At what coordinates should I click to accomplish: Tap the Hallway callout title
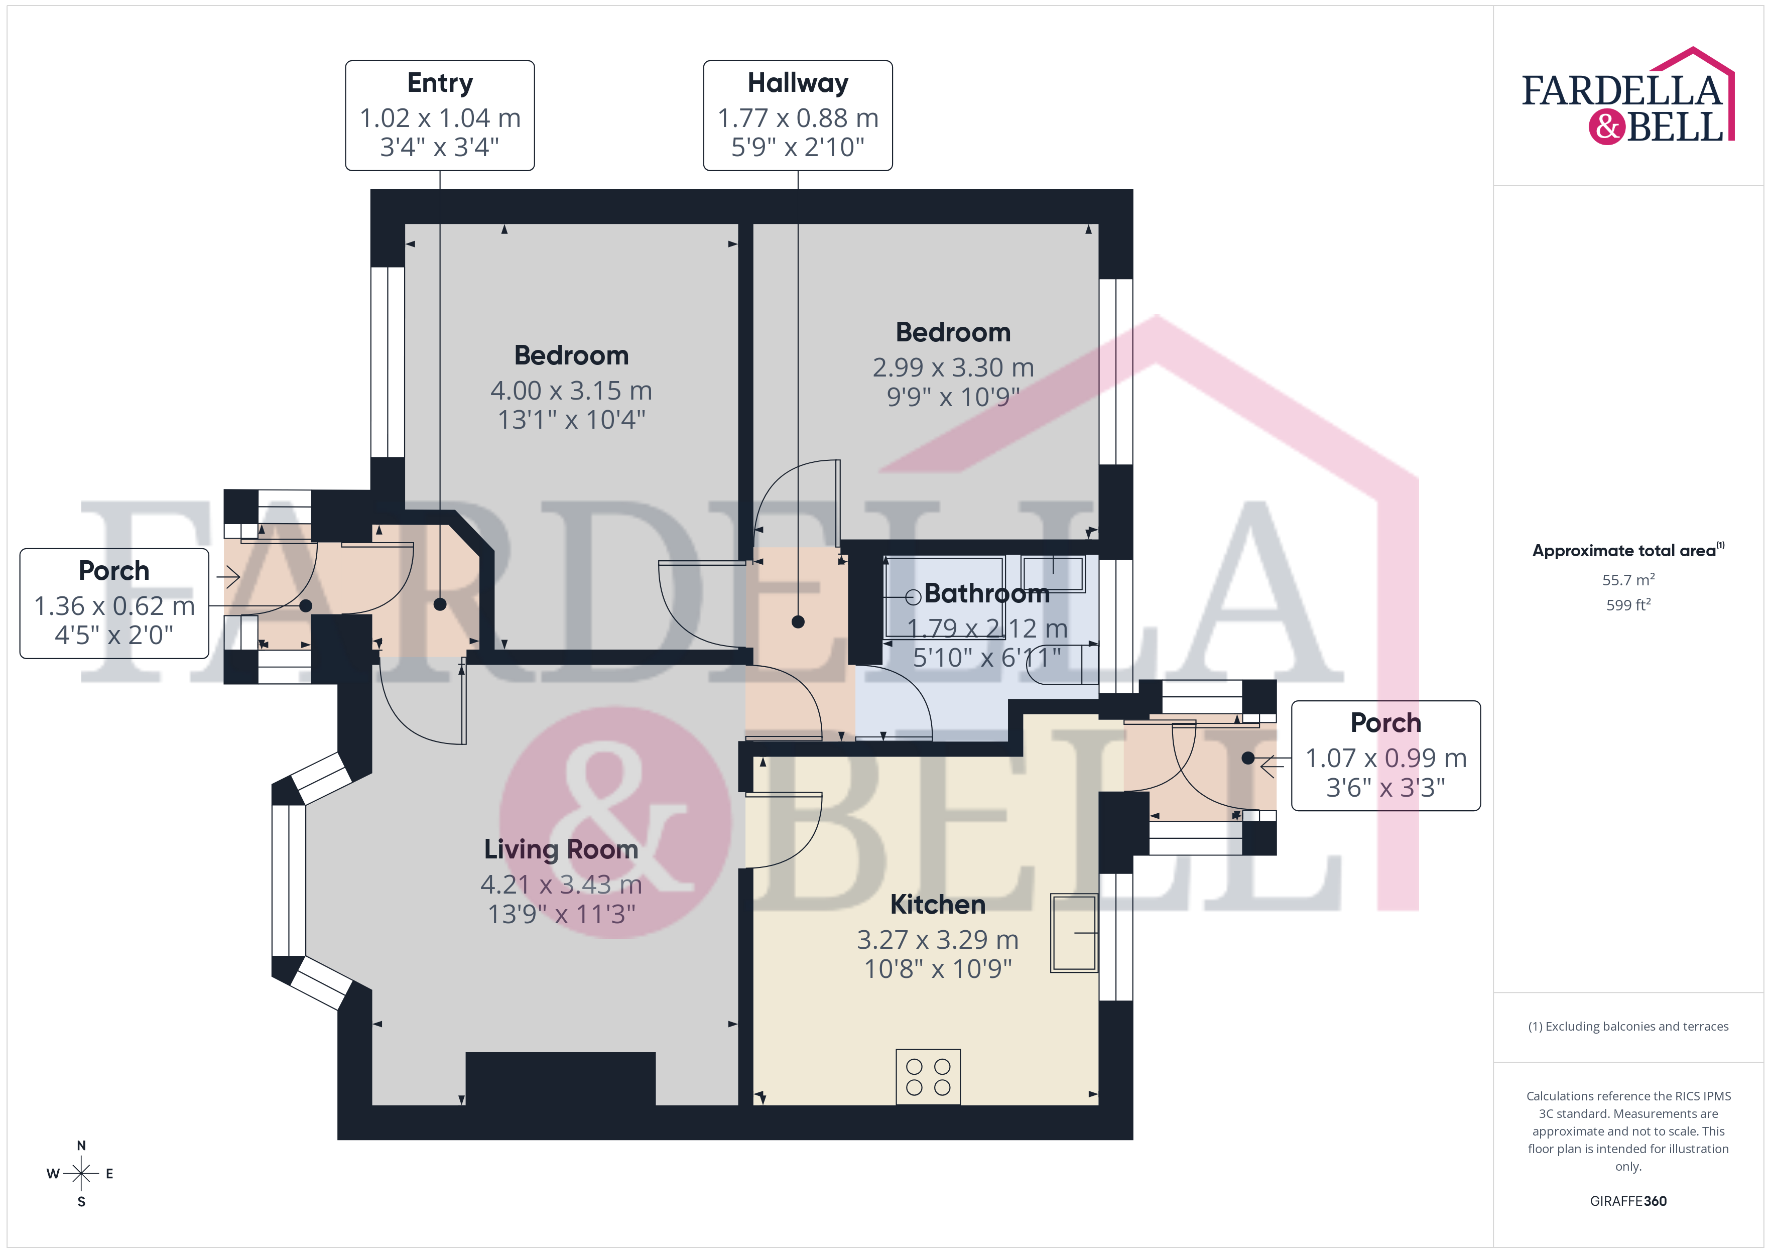click(x=798, y=82)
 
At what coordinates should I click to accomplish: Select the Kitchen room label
click(x=937, y=904)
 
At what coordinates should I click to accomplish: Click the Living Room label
click(x=561, y=849)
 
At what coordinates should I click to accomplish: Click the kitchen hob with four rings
click(x=928, y=1076)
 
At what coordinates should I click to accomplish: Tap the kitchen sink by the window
click(x=1074, y=933)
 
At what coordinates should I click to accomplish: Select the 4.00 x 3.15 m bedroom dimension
click(x=571, y=391)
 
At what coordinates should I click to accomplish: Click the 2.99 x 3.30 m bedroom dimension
click(x=953, y=367)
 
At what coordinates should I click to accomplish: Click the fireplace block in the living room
click(x=561, y=1079)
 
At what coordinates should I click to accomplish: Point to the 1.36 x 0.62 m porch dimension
click(x=114, y=606)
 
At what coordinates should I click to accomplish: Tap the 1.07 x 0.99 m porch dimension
click(x=1385, y=758)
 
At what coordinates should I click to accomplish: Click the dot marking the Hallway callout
click(x=798, y=622)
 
